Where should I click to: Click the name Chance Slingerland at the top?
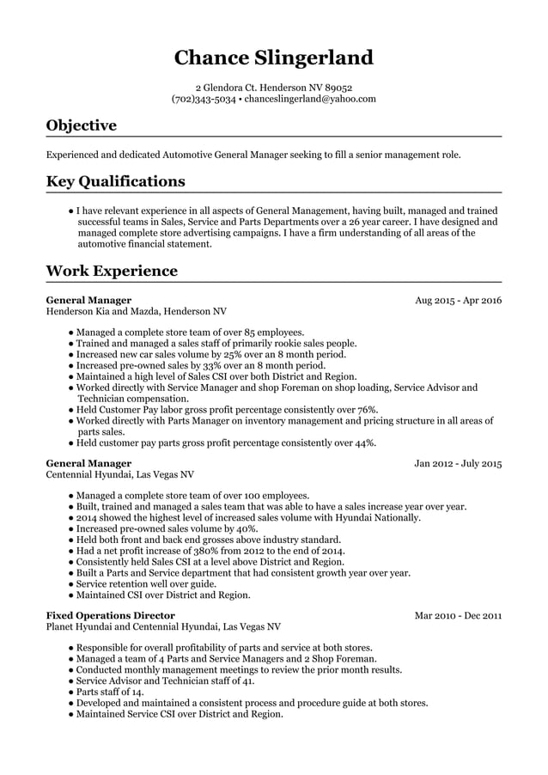[274, 58]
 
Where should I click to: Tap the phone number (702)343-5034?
[204, 99]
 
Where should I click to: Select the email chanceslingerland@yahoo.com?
[310, 99]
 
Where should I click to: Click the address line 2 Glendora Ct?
[274, 87]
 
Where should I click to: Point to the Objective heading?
[81, 125]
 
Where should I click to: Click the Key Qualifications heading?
[115, 181]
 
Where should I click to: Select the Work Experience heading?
[112, 272]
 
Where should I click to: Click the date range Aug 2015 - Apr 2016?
[458, 301]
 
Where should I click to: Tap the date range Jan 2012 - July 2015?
[458, 463]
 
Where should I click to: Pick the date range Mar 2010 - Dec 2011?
[458, 615]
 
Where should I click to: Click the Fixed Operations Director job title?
[110, 615]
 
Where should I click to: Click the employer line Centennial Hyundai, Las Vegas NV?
[119, 473]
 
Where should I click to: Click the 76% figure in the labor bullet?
[367, 410]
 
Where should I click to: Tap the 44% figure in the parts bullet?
[364, 442]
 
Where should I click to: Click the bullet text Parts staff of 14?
[110, 692]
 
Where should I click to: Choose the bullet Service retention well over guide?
[146, 583]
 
